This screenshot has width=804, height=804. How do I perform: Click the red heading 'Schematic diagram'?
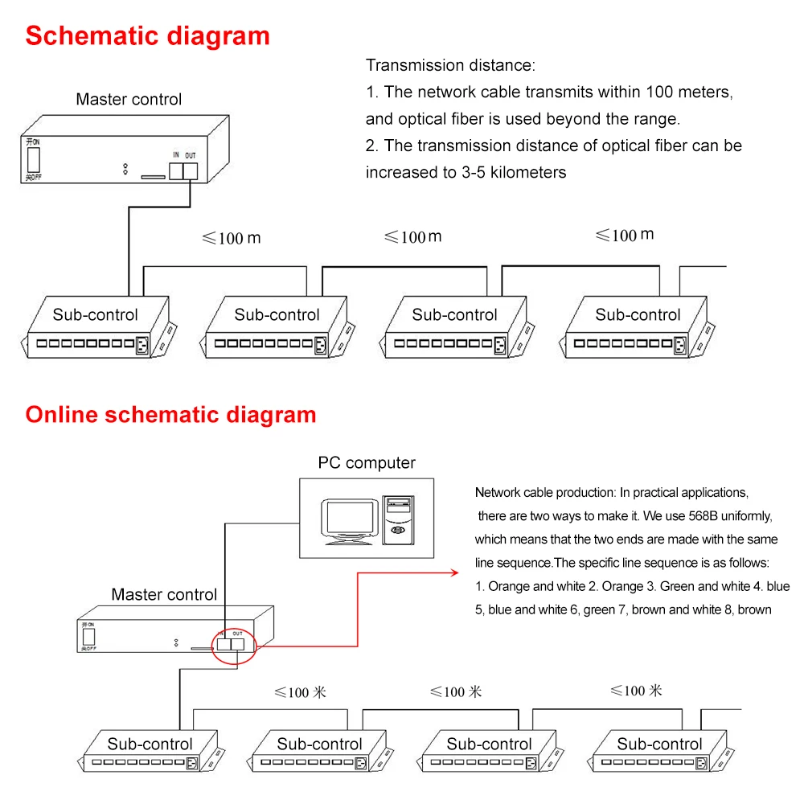pyautogui.click(x=148, y=36)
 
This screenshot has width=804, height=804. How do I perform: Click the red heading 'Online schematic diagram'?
pyautogui.click(x=170, y=415)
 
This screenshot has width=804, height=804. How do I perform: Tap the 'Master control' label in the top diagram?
pyautogui.click(x=129, y=99)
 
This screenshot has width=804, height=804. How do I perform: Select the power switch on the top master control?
pyautogui.click(x=34, y=160)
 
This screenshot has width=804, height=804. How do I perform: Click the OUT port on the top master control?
pyautogui.click(x=191, y=171)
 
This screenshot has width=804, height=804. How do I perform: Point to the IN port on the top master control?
pyautogui.click(x=176, y=171)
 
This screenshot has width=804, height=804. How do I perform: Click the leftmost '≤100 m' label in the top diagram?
pyautogui.click(x=232, y=238)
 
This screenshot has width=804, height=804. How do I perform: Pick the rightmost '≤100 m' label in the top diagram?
pyautogui.click(x=625, y=235)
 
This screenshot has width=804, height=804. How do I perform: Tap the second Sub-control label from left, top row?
pyautogui.click(x=277, y=314)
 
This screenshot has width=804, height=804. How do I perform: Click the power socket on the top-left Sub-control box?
pyautogui.click(x=142, y=345)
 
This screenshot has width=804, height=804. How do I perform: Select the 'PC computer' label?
pyautogui.click(x=367, y=462)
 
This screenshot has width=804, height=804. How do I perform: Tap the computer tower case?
pyautogui.click(x=399, y=520)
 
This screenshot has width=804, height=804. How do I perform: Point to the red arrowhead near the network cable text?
pyautogui.click(x=454, y=572)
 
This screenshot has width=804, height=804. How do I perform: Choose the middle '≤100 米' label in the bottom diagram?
pyautogui.click(x=456, y=691)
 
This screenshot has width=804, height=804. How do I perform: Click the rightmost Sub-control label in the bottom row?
pyautogui.click(x=659, y=744)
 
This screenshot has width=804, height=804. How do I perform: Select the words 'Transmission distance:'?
pyautogui.click(x=450, y=65)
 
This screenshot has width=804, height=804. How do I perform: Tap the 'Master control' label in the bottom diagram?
pyautogui.click(x=164, y=594)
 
